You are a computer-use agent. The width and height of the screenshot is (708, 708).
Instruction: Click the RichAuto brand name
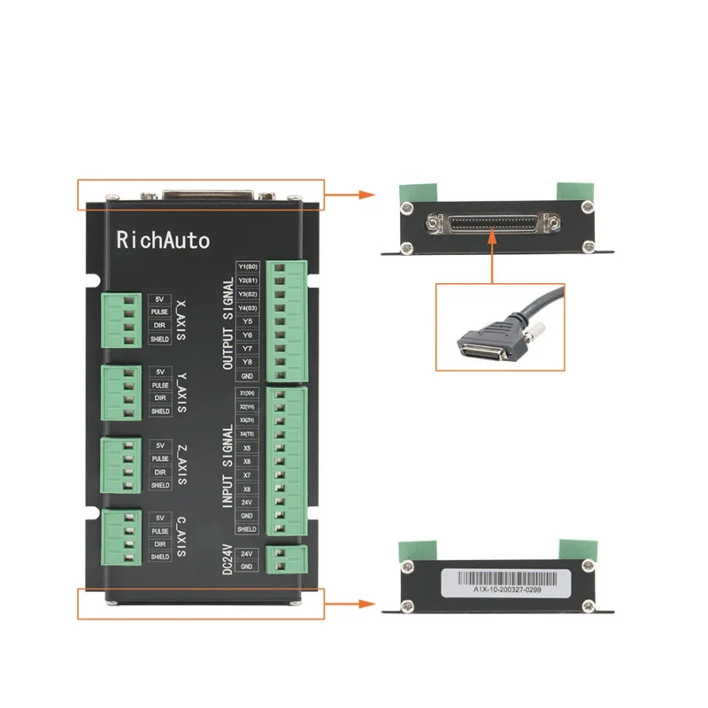(x=163, y=239)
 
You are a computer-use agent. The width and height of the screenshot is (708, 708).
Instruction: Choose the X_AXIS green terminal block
(x=120, y=320)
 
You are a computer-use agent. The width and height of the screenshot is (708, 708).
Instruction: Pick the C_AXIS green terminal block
(x=120, y=537)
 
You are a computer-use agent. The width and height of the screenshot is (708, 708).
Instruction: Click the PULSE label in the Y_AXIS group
(x=160, y=386)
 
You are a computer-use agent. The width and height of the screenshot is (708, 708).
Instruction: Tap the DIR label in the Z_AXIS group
(x=160, y=472)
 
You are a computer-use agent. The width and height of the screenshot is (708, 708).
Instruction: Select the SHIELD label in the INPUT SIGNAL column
(x=247, y=529)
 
